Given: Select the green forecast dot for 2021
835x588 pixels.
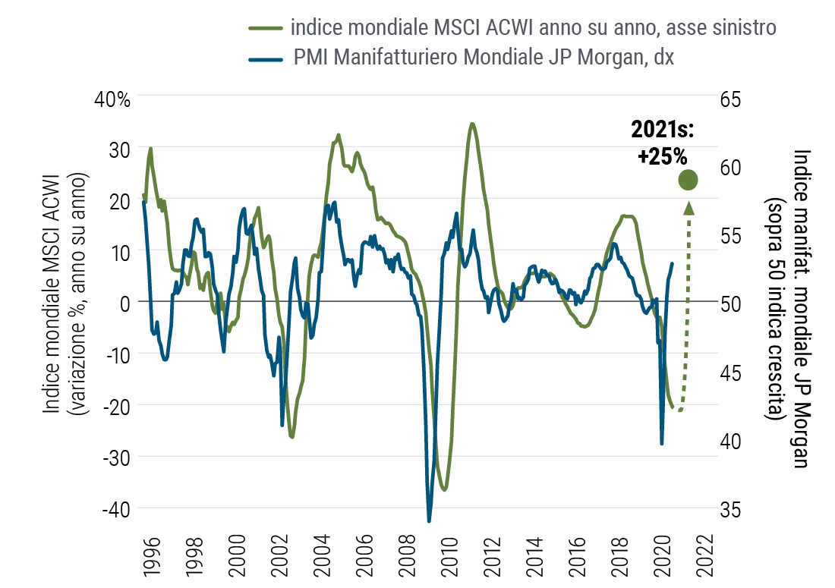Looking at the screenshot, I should click(688, 180).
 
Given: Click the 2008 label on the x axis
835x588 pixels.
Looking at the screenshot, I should click(410, 555).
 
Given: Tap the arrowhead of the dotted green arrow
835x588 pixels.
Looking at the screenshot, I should click(688, 206).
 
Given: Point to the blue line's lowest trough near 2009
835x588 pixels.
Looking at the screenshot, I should click(429, 520).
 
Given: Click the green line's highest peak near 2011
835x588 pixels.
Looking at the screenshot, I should click(472, 124).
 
